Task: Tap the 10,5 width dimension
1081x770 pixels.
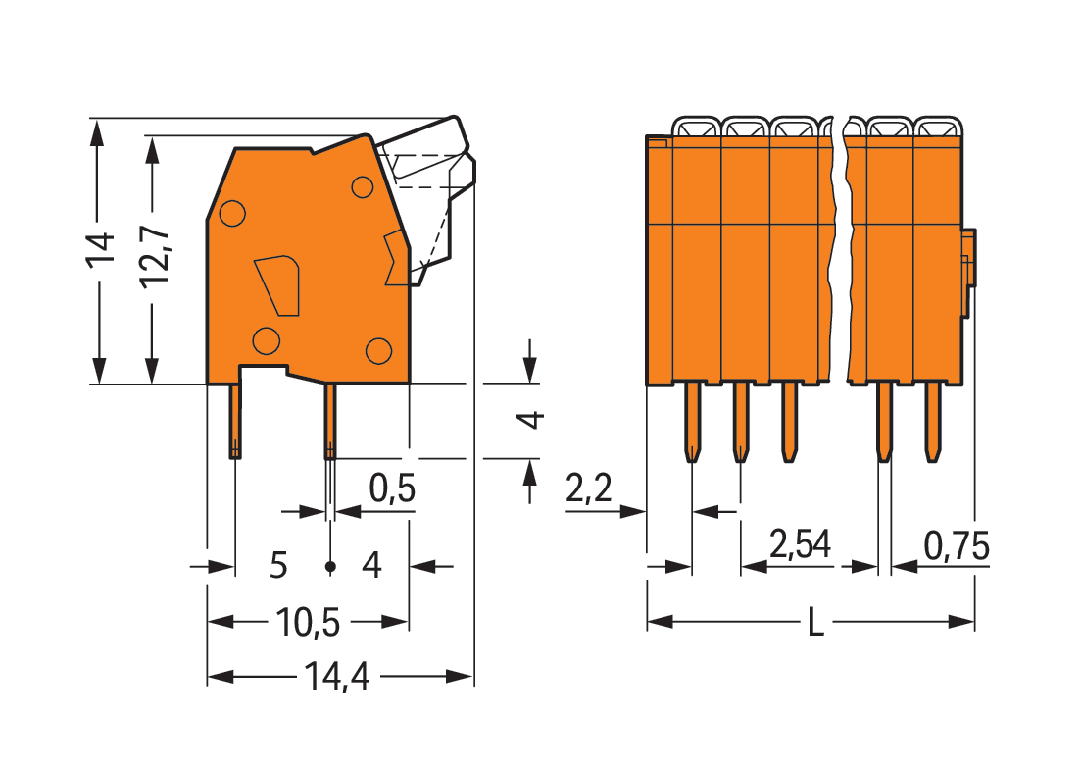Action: (310, 622)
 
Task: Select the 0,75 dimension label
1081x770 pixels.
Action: (956, 544)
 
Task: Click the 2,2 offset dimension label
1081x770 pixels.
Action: (589, 488)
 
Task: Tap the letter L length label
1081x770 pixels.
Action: (814, 622)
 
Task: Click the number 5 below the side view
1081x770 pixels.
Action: (278, 566)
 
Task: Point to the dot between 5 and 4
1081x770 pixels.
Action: (330, 567)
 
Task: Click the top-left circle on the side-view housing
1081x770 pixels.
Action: (232, 211)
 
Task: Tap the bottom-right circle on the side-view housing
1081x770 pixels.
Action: (378, 349)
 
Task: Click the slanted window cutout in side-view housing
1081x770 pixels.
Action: (277, 284)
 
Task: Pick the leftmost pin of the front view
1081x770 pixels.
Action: (692, 422)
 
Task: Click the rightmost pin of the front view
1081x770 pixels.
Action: (932, 422)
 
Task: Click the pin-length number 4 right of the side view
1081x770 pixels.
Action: (530, 419)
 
